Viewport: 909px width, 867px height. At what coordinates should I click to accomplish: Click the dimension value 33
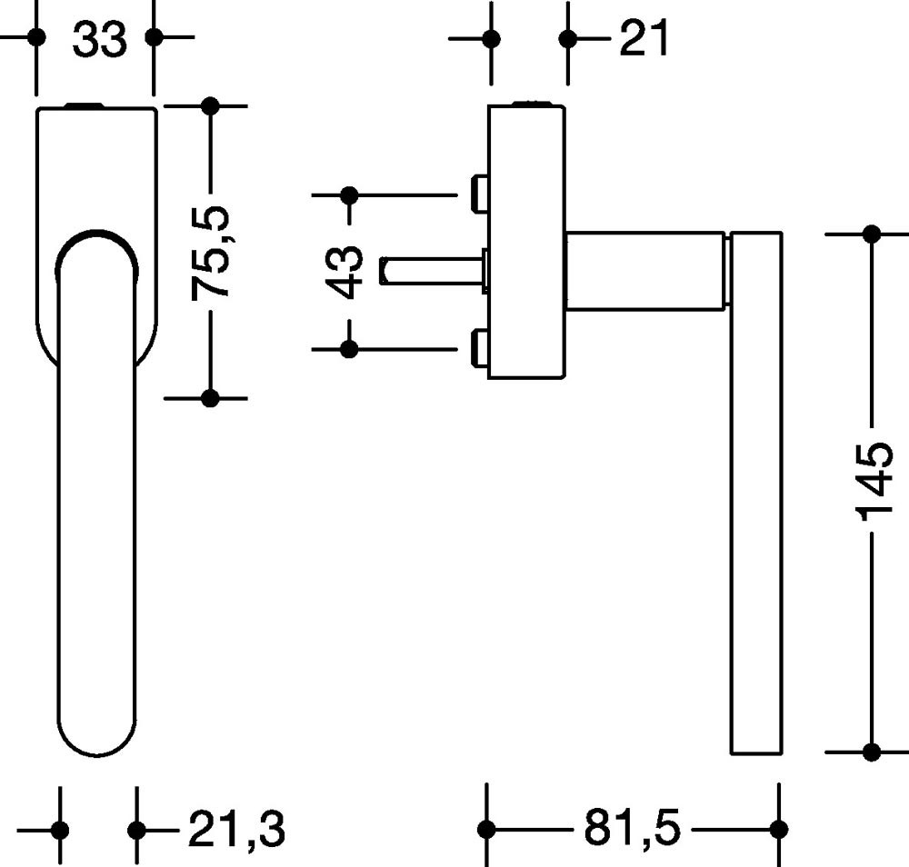(x=99, y=40)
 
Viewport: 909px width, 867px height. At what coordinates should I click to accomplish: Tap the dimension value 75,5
(x=212, y=252)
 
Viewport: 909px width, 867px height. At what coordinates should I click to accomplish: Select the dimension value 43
(x=348, y=271)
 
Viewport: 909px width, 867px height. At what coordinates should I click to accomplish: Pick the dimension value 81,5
(x=631, y=828)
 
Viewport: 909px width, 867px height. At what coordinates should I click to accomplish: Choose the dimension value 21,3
(x=236, y=829)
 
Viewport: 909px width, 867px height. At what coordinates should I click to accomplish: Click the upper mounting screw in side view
(x=479, y=193)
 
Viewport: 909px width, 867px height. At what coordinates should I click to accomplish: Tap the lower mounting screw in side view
(x=479, y=348)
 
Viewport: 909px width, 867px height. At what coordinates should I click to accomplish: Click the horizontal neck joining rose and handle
(x=645, y=270)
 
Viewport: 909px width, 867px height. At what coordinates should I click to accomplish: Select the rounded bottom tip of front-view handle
(x=97, y=741)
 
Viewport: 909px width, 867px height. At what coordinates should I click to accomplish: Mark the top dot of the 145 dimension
(x=872, y=234)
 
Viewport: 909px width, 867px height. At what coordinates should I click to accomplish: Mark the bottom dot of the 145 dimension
(x=872, y=752)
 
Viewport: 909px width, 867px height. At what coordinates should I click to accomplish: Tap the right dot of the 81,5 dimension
(x=778, y=829)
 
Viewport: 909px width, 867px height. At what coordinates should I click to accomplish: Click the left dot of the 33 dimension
(x=36, y=37)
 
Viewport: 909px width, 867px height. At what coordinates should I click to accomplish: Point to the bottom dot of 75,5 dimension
(x=210, y=398)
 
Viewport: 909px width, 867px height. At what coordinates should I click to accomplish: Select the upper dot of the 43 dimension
(x=349, y=194)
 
